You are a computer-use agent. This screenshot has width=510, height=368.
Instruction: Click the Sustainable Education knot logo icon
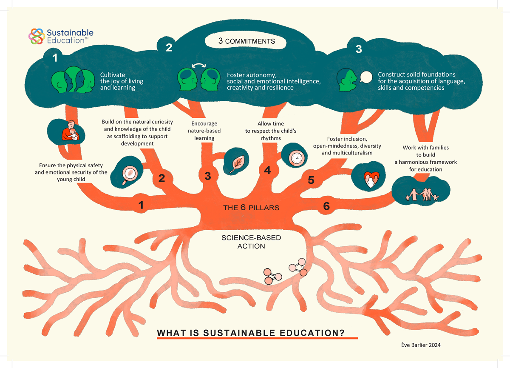(36, 36)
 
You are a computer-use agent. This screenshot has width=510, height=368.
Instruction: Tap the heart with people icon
(369, 179)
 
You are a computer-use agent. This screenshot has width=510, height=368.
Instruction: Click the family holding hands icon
(421, 194)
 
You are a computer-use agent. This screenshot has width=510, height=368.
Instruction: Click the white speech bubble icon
(365, 77)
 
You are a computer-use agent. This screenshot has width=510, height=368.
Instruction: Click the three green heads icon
(72, 80)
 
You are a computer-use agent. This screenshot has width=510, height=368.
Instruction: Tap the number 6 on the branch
(326, 206)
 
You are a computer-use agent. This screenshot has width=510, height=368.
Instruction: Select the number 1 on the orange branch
(141, 205)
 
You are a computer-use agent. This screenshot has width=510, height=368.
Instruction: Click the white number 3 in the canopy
(358, 49)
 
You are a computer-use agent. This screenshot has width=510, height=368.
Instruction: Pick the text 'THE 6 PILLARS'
(251, 208)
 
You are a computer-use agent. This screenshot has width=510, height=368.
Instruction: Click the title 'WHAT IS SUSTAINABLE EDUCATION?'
(251, 333)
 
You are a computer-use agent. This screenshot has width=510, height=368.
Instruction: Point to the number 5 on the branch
(311, 180)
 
